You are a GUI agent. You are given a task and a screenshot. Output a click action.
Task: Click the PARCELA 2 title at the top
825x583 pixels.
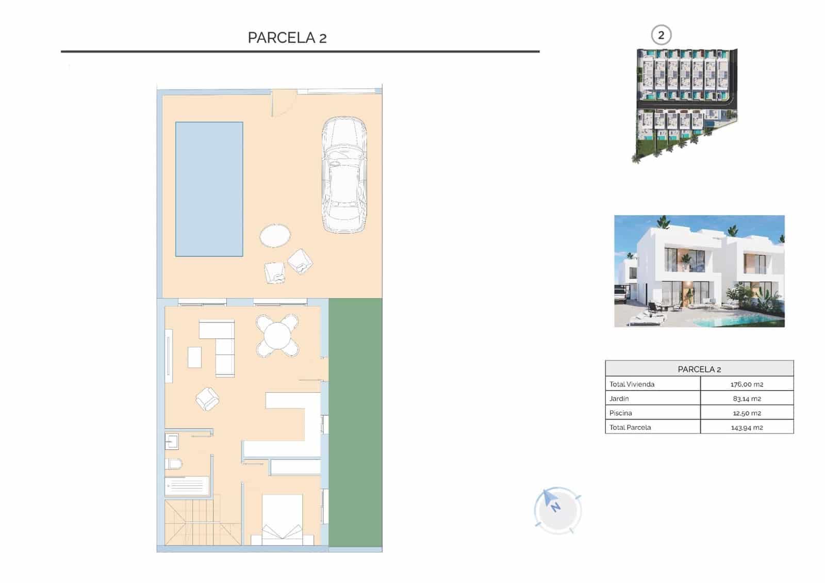click(x=287, y=38)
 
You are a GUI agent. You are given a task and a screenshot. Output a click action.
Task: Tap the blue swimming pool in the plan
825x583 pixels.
click(x=209, y=189)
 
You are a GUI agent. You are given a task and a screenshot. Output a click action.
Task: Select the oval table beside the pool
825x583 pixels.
click(x=275, y=236)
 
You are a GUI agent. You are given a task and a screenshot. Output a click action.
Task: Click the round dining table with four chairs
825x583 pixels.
click(x=277, y=336)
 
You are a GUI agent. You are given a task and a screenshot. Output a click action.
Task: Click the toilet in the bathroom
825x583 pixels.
click(x=174, y=464)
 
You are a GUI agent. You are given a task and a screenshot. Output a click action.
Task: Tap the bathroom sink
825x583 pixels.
click(x=172, y=442)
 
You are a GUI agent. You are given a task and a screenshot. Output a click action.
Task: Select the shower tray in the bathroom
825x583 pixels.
click(x=187, y=486)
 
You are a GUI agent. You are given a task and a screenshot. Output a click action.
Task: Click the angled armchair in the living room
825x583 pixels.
click(x=207, y=399)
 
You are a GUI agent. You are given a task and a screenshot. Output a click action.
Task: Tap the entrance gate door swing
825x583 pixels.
click(x=283, y=103)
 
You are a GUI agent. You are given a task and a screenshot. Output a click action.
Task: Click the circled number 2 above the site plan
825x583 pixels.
click(x=661, y=36)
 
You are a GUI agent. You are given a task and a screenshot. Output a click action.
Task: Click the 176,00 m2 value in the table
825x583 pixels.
click(x=747, y=384)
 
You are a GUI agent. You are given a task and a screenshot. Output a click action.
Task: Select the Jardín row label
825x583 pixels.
click(x=619, y=399)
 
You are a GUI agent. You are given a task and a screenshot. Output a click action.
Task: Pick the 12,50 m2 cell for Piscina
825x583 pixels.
click(x=747, y=413)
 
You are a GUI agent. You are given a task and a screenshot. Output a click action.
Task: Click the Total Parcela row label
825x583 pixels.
click(x=630, y=428)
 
